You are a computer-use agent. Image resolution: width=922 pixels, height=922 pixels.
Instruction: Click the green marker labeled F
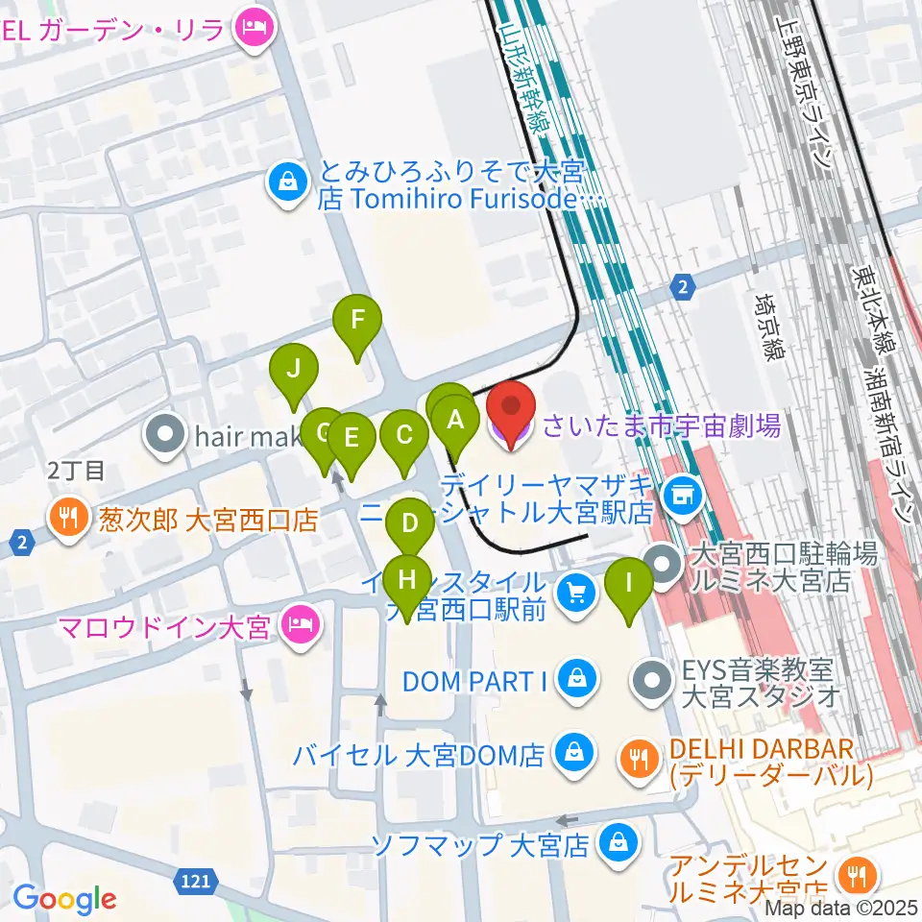tap(356, 321)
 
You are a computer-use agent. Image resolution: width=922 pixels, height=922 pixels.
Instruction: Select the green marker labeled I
tap(630, 584)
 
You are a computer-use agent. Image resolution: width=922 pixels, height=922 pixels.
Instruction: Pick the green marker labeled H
tap(407, 580)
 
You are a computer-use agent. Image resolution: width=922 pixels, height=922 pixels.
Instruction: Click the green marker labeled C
tap(404, 435)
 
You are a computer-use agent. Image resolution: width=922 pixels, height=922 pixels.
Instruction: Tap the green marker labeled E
tap(352, 439)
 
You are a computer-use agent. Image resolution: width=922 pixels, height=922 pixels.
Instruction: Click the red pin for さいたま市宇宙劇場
tap(511, 408)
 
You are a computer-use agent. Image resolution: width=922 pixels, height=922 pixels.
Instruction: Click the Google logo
tap(65, 899)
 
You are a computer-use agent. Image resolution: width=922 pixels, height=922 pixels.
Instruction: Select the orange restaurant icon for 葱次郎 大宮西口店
tap(66, 521)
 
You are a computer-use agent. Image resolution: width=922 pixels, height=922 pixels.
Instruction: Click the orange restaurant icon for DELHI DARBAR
tap(637, 759)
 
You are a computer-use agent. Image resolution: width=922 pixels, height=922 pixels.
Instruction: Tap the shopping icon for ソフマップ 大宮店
tap(614, 844)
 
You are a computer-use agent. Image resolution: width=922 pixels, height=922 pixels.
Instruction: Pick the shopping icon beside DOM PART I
tap(576, 680)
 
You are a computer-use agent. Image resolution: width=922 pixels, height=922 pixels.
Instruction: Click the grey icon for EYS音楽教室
tap(655, 680)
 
